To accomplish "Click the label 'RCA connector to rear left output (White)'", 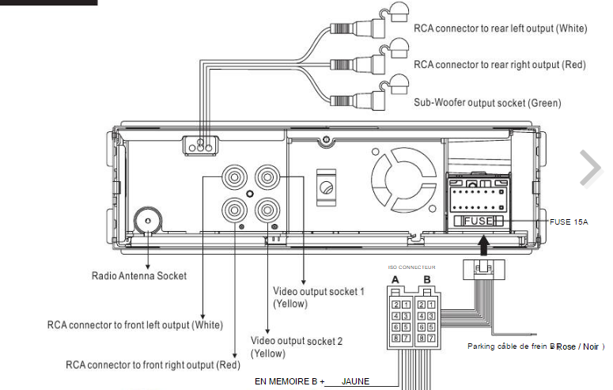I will point(500,28).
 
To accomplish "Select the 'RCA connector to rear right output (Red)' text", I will point(499,65).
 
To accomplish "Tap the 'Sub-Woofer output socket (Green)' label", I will point(487,103).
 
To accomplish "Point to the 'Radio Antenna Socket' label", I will point(138,276).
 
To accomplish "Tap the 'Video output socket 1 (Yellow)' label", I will point(318,297).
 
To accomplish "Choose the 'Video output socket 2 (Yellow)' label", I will point(297,347).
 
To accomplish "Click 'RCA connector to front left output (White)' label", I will point(135,325).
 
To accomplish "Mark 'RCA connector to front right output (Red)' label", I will point(153,365).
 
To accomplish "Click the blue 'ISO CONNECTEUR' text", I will point(412,267).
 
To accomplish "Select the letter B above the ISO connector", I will point(426,279).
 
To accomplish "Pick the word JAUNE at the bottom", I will point(356,381).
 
